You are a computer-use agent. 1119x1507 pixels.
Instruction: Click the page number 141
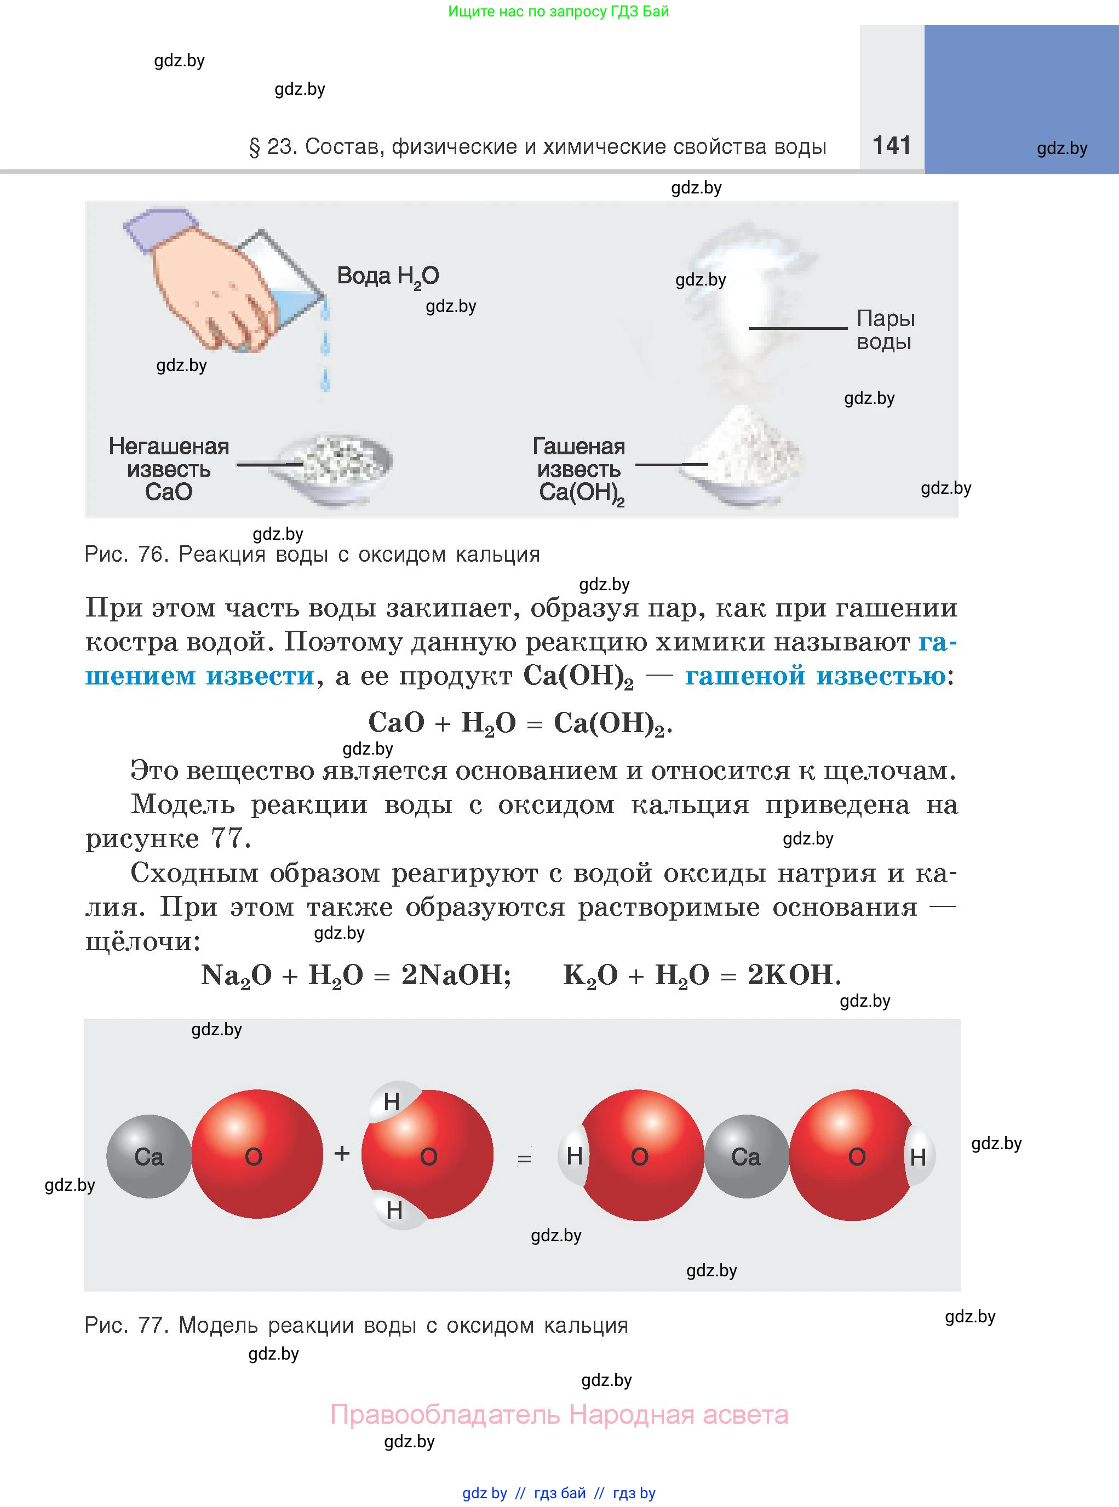[891, 145]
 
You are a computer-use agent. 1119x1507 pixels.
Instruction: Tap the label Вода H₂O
[388, 276]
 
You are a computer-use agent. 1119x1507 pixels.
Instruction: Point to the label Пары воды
[885, 330]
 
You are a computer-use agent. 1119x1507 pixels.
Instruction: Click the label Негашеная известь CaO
[169, 469]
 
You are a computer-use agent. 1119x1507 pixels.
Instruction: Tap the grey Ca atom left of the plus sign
[149, 1156]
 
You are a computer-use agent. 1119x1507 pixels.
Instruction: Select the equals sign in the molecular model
[524, 1158]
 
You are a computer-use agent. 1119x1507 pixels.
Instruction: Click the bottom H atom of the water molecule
[396, 1209]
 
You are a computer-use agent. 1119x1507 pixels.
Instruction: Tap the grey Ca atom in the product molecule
[746, 1156]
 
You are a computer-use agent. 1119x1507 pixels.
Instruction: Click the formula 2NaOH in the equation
[456, 975]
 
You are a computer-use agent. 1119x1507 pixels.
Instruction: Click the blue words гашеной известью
[816, 676]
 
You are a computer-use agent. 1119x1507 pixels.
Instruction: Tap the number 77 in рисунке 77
[226, 838]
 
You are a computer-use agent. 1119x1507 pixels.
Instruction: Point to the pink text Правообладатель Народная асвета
[560, 1415]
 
